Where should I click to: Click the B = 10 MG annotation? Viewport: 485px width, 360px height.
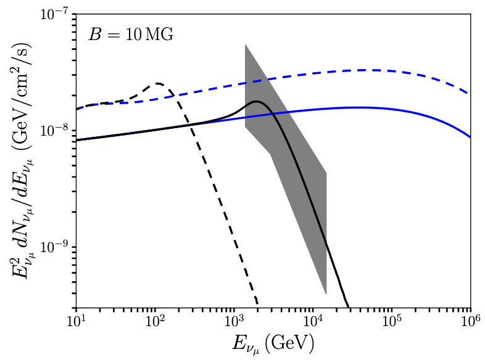(131, 35)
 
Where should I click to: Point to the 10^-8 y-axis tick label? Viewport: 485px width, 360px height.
(54, 131)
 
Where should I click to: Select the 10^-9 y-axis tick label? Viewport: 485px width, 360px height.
(54, 247)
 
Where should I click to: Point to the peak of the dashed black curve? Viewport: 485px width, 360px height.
(159, 83)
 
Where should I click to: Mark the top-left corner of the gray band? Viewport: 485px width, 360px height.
(246, 44)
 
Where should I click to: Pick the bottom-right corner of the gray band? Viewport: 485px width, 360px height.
(326, 294)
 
